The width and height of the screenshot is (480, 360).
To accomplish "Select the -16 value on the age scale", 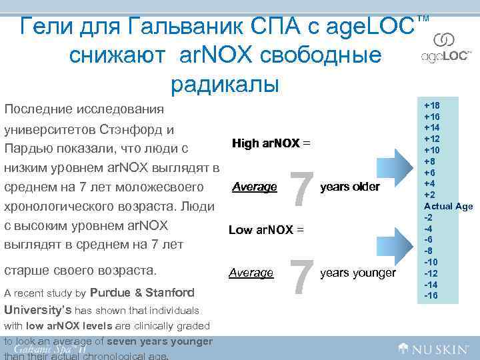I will tap(431, 295).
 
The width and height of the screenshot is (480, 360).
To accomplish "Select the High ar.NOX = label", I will tap(271, 143).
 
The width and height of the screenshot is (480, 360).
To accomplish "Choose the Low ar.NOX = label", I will tap(266, 230).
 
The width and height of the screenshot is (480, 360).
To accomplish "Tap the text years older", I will tap(350, 187).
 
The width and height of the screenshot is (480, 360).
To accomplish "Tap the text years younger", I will tap(358, 273).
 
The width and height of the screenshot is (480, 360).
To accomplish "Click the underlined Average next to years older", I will tap(254, 187).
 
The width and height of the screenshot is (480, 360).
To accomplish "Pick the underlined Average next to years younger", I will tap(251, 273).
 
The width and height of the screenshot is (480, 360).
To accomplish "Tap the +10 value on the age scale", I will tap(431, 151).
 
